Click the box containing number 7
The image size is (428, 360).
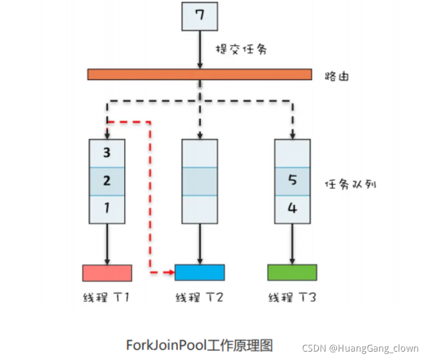click(x=200, y=16)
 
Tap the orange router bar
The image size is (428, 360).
click(x=199, y=74)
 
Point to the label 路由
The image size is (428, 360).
click(x=337, y=76)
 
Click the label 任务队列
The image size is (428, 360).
click(x=350, y=184)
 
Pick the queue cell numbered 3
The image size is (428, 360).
click(x=107, y=153)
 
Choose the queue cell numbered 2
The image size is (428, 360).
click(x=107, y=182)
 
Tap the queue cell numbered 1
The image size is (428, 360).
click(x=107, y=209)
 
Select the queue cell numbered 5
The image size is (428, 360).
click(x=293, y=182)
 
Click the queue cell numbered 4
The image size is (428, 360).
click(x=293, y=209)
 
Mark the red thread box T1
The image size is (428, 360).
click(x=107, y=273)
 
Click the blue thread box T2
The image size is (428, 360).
click(x=200, y=273)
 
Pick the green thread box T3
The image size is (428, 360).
click(x=292, y=273)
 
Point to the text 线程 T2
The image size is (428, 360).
click(x=199, y=298)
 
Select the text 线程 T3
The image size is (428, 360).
click(x=292, y=298)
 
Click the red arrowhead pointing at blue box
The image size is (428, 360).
click(x=171, y=273)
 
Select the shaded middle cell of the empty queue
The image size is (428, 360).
click(x=200, y=182)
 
